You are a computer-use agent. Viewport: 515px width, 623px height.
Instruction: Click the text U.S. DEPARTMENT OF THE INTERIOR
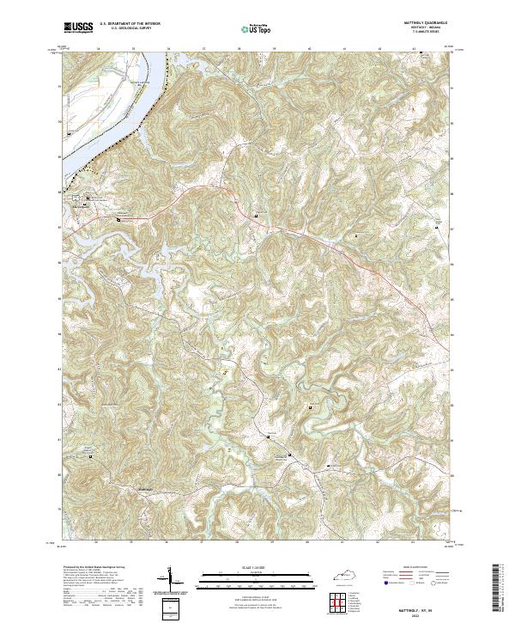[x=130, y=22]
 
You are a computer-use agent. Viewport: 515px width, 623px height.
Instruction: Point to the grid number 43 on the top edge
[x=415, y=49]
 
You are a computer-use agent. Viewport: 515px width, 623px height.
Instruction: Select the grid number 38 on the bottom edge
[x=239, y=543]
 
